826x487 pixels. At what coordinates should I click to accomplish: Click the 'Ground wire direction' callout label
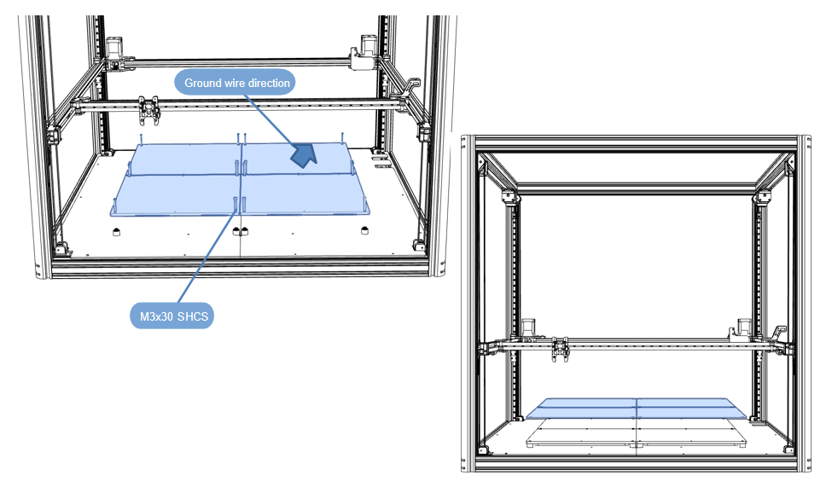[x=236, y=83]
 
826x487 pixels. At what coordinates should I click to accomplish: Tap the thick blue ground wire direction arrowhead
[x=303, y=154]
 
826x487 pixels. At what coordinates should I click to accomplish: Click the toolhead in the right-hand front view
[x=560, y=347]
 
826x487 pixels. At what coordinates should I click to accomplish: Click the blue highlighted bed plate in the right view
[x=636, y=409]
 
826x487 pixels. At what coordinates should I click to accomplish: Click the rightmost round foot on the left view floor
[x=364, y=229]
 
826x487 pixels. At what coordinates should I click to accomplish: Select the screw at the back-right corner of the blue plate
[x=342, y=136]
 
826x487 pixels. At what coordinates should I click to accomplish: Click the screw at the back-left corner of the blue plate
[x=142, y=138]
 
